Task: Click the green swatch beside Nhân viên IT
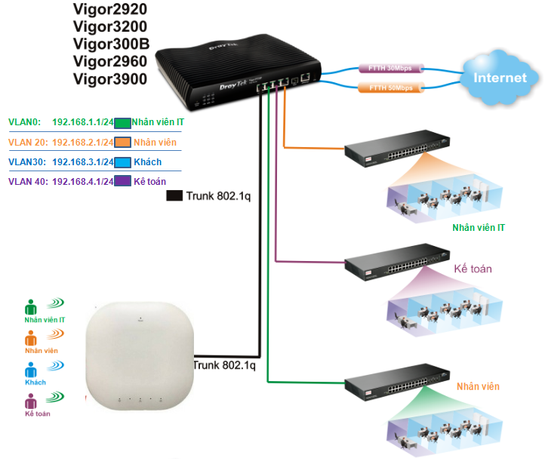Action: pos(122,122)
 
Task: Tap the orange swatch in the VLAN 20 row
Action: pos(122,142)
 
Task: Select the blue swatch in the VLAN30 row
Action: pos(122,162)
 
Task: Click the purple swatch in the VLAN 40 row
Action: pos(122,182)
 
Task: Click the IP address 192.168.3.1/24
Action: pos(82,162)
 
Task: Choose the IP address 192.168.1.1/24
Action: pos(82,121)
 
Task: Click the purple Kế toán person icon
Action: pos(31,401)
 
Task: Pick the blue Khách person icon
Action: pos(31,370)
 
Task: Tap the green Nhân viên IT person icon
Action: pos(31,307)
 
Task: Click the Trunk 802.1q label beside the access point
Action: pos(224,366)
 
